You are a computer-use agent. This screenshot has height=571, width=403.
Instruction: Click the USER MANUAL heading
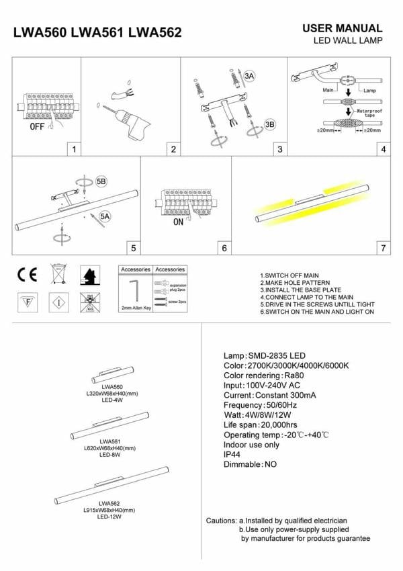pos(343,28)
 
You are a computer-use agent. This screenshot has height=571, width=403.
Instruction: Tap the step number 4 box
pos(383,149)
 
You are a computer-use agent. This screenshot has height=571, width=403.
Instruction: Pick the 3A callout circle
pos(250,77)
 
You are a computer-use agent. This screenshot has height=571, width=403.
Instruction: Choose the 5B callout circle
pos(101,182)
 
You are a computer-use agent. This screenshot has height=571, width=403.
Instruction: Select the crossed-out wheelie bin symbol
pos(58,274)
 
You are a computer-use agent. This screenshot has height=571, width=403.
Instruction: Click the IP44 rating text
pos(234,454)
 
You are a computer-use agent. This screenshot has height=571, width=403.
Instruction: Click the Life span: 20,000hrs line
pos(260,425)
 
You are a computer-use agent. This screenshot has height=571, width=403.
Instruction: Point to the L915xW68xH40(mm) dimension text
pos(109,510)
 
